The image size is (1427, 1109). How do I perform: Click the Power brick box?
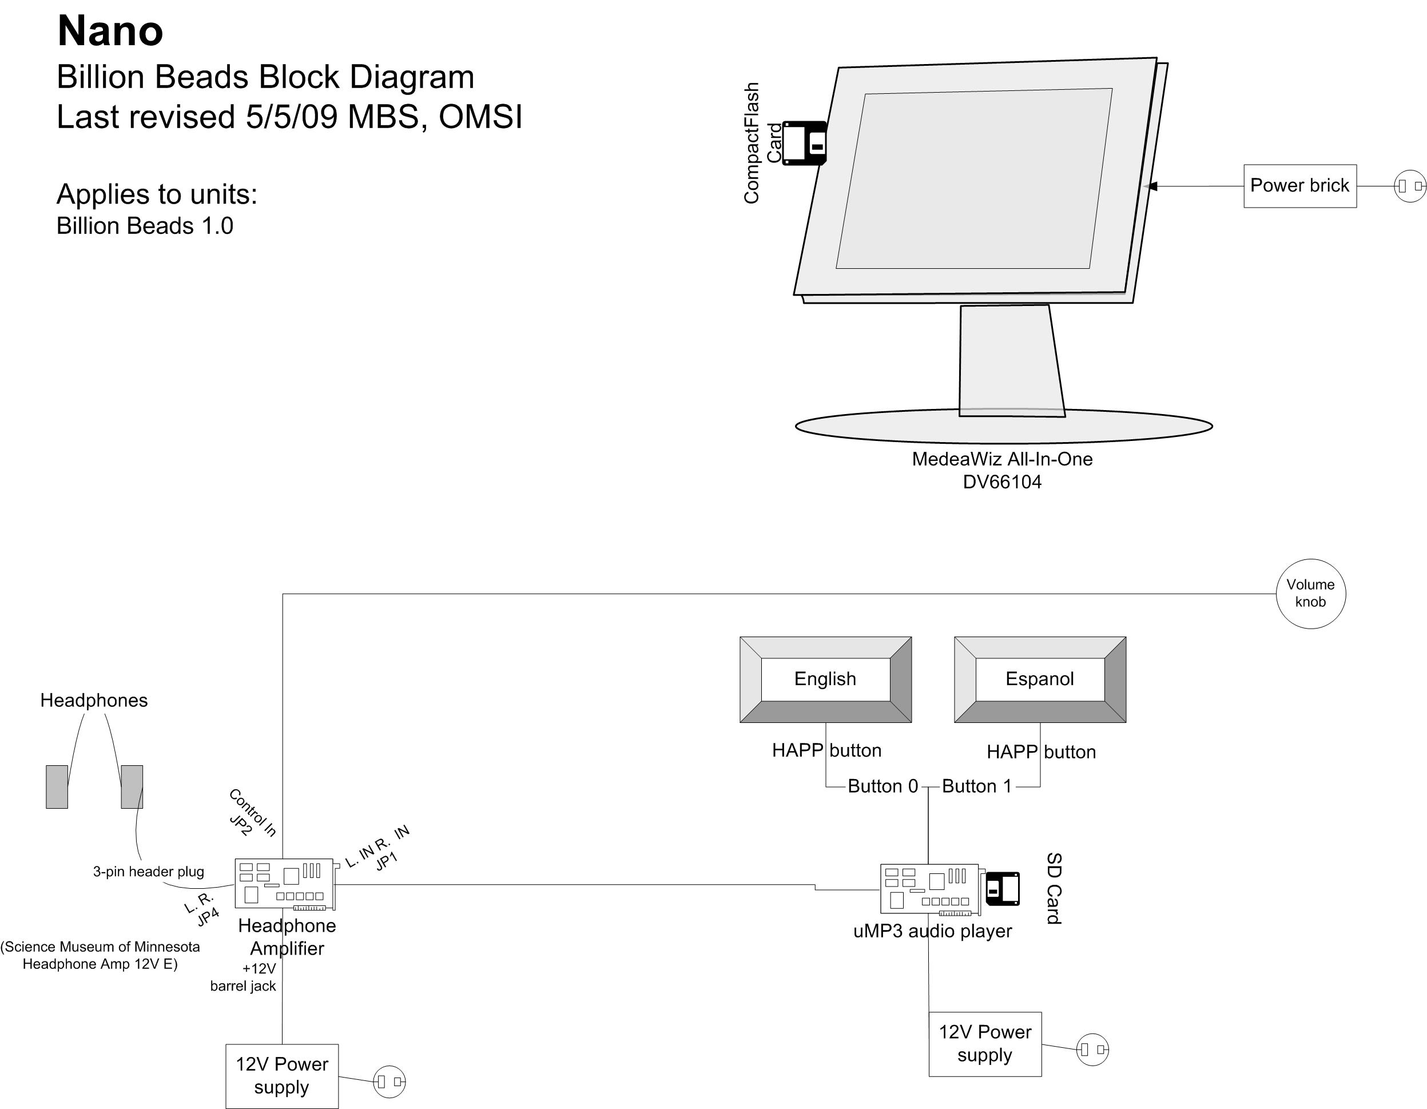(x=1299, y=186)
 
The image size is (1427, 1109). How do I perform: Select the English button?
(x=825, y=679)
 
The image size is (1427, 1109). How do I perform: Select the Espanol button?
(x=1040, y=679)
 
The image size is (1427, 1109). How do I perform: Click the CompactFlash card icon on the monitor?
(x=805, y=142)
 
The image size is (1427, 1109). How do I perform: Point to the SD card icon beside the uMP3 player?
(x=1002, y=889)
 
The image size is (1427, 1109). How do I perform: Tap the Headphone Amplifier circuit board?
(x=285, y=884)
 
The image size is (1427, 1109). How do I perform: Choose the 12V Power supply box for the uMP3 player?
(x=985, y=1044)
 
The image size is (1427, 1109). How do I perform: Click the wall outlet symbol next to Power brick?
(x=1409, y=186)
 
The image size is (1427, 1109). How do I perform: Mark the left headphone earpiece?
(x=57, y=787)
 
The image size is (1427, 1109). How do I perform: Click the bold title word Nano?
(x=110, y=31)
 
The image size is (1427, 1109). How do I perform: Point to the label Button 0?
(x=883, y=786)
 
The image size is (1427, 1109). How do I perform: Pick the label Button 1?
(x=977, y=786)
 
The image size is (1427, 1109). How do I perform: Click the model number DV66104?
(x=1002, y=482)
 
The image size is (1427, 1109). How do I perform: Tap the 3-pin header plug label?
(x=148, y=871)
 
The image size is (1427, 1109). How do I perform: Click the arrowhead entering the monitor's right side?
(x=1152, y=186)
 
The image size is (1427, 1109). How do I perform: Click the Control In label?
(x=253, y=812)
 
